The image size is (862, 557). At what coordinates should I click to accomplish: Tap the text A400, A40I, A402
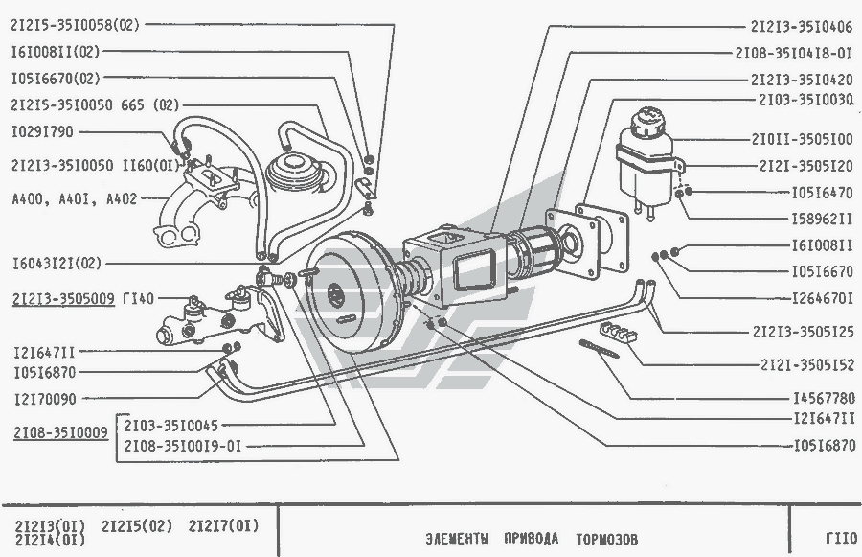[74, 199]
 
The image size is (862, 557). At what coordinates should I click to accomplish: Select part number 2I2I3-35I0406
[802, 27]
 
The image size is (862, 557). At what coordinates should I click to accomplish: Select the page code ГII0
[840, 537]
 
